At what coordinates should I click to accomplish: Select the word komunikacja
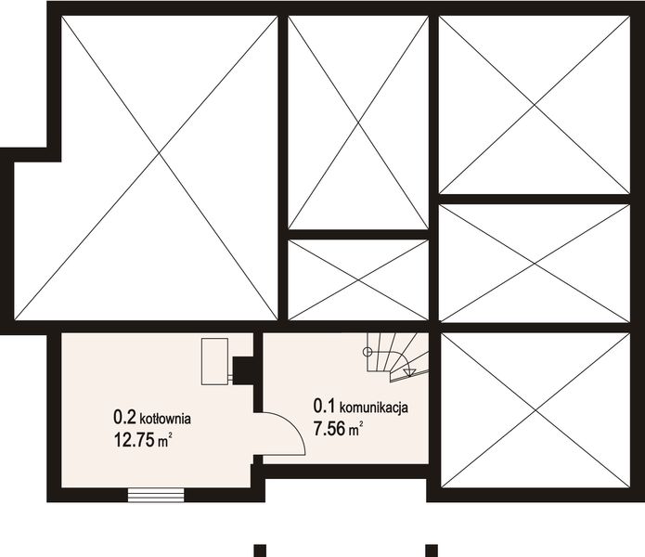375,407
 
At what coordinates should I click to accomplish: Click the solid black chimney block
245,370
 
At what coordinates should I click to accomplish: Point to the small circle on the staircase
368,352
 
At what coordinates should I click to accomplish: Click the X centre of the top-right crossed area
535,105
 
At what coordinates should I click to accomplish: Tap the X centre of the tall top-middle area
357,123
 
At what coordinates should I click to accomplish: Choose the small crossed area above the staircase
357,280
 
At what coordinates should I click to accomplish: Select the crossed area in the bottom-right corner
535,409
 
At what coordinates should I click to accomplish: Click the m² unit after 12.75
163,442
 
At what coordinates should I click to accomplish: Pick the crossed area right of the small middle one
535,264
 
